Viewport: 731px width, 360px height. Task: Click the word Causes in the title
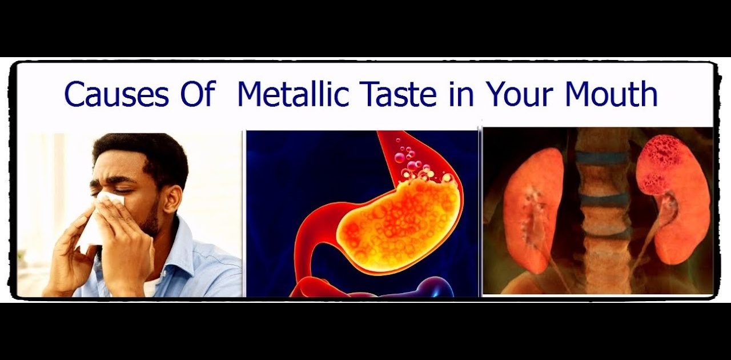click(117, 94)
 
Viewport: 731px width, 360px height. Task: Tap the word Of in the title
click(198, 94)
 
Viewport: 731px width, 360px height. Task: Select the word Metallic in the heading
click(294, 94)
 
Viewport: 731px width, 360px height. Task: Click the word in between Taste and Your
click(461, 94)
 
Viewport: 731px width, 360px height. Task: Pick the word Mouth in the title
click(611, 94)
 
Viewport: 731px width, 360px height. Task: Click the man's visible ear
click(172, 199)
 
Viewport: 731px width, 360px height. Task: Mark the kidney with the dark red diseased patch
click(674, 199)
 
